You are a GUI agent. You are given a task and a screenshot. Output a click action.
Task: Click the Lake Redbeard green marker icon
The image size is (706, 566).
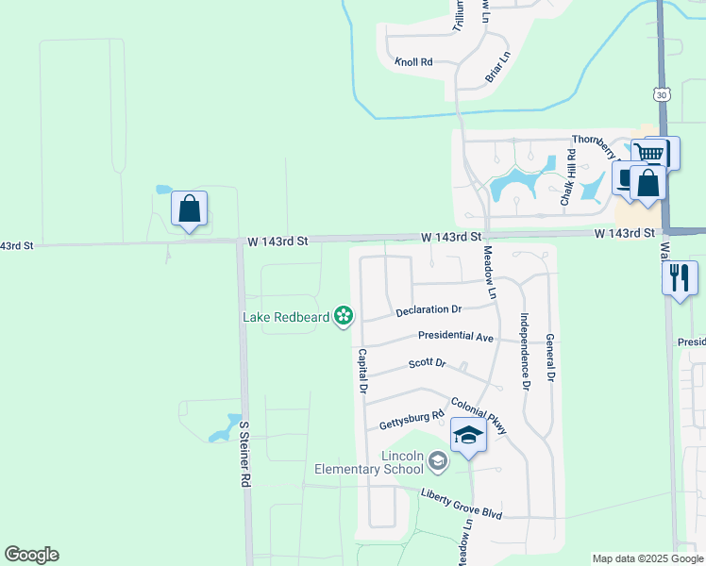click(x=345, y=315)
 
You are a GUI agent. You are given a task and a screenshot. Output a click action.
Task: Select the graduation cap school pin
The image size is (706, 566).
click(x=468, y=437)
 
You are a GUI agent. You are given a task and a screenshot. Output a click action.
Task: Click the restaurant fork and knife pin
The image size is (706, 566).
click(x=679, y=278)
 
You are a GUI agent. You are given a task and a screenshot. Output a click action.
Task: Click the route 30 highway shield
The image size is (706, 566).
click(x=661, y=94)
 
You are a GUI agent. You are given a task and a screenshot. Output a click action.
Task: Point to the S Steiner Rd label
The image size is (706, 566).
click(x=244, y=453)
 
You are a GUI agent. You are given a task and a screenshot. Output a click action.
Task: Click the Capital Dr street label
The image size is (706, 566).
click(x=361, y=371)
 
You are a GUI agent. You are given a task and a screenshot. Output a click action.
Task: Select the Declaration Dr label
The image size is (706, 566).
click(x=429, y=308)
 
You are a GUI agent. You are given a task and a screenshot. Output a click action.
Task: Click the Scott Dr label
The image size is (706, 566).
click(x=427, y=363)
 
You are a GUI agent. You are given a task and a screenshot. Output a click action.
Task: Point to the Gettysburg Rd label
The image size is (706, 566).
click(x=412, y=418)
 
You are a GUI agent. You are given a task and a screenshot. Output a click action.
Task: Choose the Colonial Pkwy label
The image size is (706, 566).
click(x=479, y=415)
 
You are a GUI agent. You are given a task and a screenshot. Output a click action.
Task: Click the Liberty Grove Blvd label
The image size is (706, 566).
click(x=462, y=496)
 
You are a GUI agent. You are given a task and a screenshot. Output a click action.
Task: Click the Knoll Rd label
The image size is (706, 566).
click(x=414, y=61)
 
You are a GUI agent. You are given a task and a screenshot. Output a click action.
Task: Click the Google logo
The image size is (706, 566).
click(x=31, y=555)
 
